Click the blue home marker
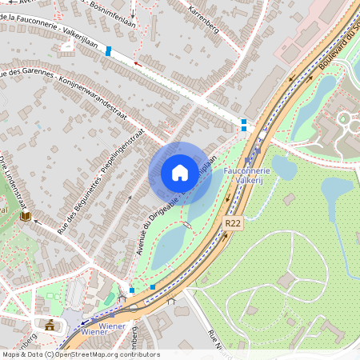[180, 172]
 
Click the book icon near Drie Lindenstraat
[26, 216]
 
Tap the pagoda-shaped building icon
[50, 324]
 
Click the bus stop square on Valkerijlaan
[108, 50]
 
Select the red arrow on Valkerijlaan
[138, 62]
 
